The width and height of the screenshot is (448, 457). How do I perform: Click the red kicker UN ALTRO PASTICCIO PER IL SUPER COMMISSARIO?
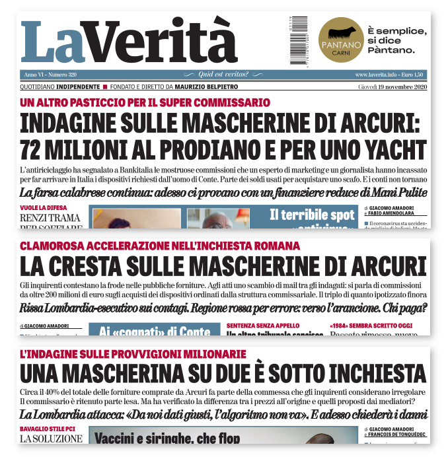(x=145, y=102)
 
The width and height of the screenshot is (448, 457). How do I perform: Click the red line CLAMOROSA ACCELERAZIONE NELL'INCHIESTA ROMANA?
(x=160, y=246)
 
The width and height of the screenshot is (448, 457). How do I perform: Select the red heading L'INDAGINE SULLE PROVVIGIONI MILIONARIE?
(x=133, y=354)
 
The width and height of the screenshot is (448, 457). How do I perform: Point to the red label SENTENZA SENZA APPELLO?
(x=262, y=326)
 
